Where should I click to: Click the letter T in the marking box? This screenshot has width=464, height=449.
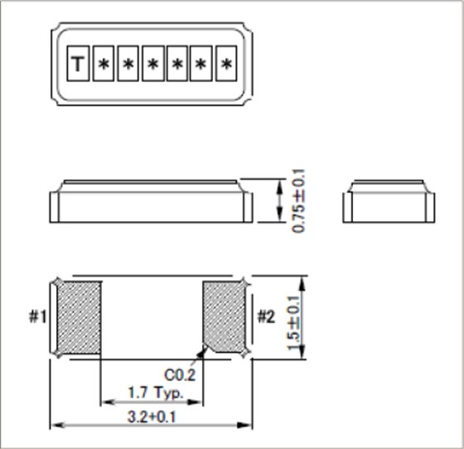pos(78,65)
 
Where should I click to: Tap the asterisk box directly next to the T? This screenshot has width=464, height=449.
pos(103,65)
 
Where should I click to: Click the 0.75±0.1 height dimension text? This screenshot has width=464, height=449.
pos(299,200)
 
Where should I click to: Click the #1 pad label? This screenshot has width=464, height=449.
pos(37,317)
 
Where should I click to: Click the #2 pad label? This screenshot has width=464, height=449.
pos(265,317)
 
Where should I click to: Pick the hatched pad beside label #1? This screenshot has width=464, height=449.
pos(80,318)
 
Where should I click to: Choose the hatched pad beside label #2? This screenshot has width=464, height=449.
pos(225,318)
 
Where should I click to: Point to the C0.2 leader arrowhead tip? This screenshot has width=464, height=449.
pos(202,349)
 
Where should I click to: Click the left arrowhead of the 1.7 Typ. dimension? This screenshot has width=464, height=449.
pos(104,404)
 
